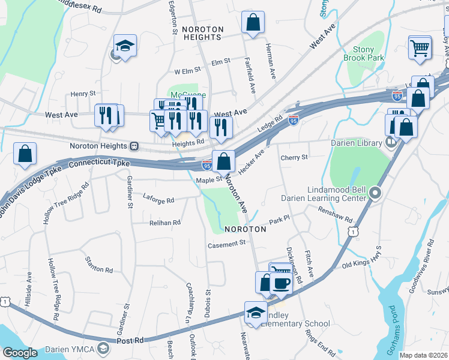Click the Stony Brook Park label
click(363, 54)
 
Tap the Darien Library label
click(357, 143)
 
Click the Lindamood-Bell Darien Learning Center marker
click(376, 193)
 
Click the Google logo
click(20, 353)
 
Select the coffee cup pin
click(281, 282)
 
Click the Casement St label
click(227, 244)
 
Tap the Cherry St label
click(294, 157)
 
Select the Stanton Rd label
click(100, 270)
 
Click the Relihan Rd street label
click(164, 223)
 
